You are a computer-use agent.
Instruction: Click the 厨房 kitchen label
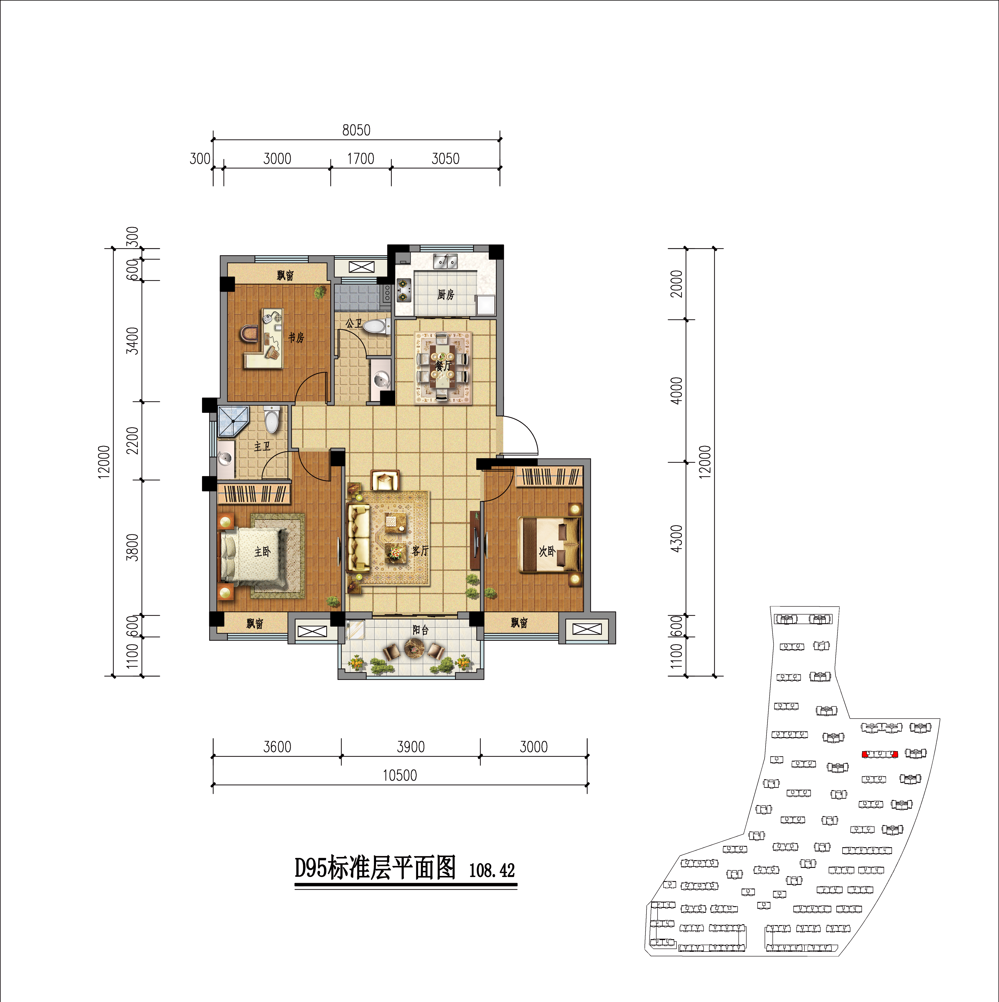click(x=445, y=295)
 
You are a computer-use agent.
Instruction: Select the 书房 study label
click(x=296, y=338)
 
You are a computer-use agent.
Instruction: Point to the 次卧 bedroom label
click(x=547, y=551)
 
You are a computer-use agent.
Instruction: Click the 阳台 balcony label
click(x=420, y=630)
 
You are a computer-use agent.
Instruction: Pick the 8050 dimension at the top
click(x=356, y=130)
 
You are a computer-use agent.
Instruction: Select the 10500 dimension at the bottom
click(x=400, y=775)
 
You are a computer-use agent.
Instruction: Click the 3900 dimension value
click(x=411, y=747)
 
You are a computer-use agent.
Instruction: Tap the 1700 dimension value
click(x=360, y=159)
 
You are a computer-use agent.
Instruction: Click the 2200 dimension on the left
click(x=133, y=440)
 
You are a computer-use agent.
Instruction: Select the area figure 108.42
click(x=492, y=870)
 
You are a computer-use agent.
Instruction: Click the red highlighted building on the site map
click(x=880, y=754)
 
